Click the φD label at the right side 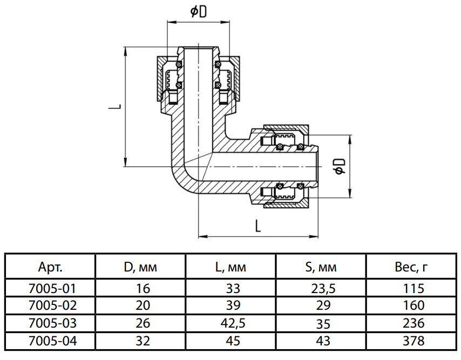(x=340, y=166)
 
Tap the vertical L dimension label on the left (x=114, y=107)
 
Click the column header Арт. (x=50, y=267)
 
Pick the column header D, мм (x=140, y=267)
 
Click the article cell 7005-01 (x=50, y=288)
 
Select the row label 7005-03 (x=50, y=323)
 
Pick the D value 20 (x=140, y=305)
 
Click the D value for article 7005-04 (x=140, y=341)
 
